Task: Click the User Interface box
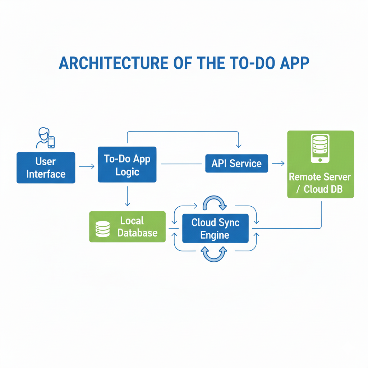click(46, 168)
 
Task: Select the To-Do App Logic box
click(127, 165)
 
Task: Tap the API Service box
click(236, 164)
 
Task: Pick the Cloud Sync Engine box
click(215, 229)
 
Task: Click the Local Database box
click(127, 227)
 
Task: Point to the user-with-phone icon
click(45, 138)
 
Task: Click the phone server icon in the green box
click(319, 148)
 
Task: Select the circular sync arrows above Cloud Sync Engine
click(215, 203)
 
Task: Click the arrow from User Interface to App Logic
click(87, 166)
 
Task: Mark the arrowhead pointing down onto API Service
click(238, 146)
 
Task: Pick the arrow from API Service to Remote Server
click(278, 164)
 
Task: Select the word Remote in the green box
click(304, 177)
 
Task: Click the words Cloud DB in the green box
click(323, 189)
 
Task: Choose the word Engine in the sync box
click(215, 235)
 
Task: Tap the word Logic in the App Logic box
click(127, 172)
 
